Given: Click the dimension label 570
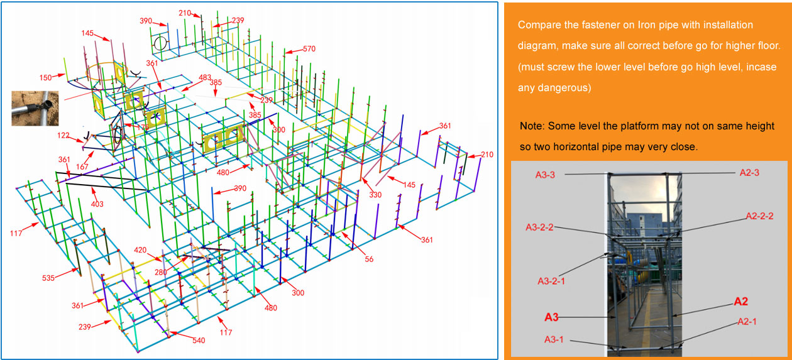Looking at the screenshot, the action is coord(309,49).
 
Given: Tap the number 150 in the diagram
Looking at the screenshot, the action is coord(46,78).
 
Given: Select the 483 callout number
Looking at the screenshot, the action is coord(205,77).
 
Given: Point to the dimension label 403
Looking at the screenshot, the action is coord(97,204).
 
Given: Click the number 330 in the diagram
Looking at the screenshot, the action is coord(375,195).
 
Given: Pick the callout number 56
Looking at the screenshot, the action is coord(369,259).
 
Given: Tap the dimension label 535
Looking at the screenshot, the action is coord(48,278).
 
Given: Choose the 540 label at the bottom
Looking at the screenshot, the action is coord(199,341).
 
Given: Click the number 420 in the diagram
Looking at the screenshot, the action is coord(140,250).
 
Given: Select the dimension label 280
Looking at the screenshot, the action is coord(160,273).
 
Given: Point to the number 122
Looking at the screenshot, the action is coord(63,136).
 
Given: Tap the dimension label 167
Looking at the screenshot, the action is coord(82,166).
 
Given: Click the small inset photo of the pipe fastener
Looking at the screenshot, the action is coord(35,108).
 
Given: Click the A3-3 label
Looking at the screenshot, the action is coord(545,175).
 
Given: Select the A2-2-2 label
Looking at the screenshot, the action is coord(759,216).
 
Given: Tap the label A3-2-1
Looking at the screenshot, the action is coord(551,281).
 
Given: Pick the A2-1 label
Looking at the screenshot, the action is coord(747,322).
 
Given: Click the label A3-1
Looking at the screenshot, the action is coord(554,339).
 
